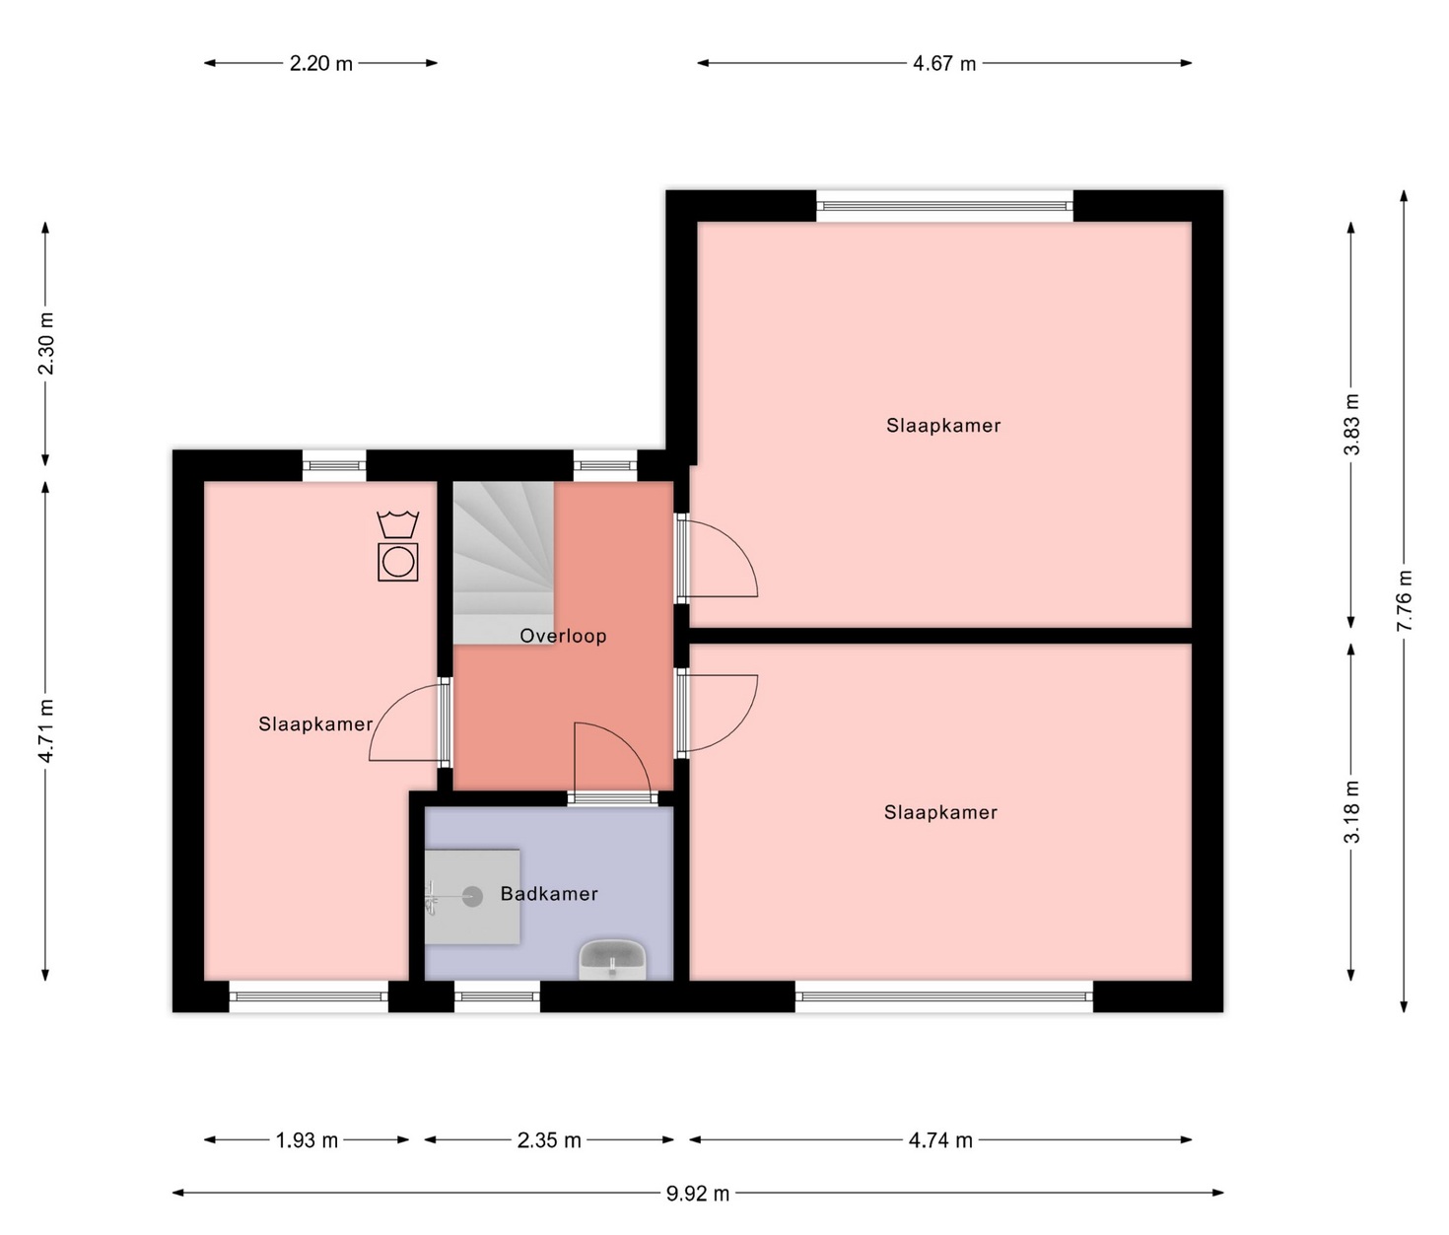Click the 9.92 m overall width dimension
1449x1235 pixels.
click(x=698, y=1193)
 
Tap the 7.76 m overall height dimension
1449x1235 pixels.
click(x=1404, y=600)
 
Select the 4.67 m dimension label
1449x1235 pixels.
click(x=943, y=64)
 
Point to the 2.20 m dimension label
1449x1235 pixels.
click(x=321, y=64)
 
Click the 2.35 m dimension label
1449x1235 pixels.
click(x=549, y=1140)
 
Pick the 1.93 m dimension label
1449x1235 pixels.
click(x=307, y=1140)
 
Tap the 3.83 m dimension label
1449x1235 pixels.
click(x=1350, y=424)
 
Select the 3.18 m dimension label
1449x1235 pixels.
click(x=1350, y=811)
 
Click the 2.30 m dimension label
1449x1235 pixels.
click(x=45, y=343)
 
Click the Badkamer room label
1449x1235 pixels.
click(x=549, y=894)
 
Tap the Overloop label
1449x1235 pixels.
click(x=563, y=636)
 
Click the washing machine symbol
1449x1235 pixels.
click(x=398, y=562)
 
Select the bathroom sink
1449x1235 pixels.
click(x=612, y=960)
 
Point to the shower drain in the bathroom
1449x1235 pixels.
click(x=473, y=896)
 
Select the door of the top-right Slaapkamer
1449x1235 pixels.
click(x=718, y=557)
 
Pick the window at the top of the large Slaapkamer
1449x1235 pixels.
click(x=944, y=206)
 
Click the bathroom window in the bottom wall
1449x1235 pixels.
click(x=497, y=996)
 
